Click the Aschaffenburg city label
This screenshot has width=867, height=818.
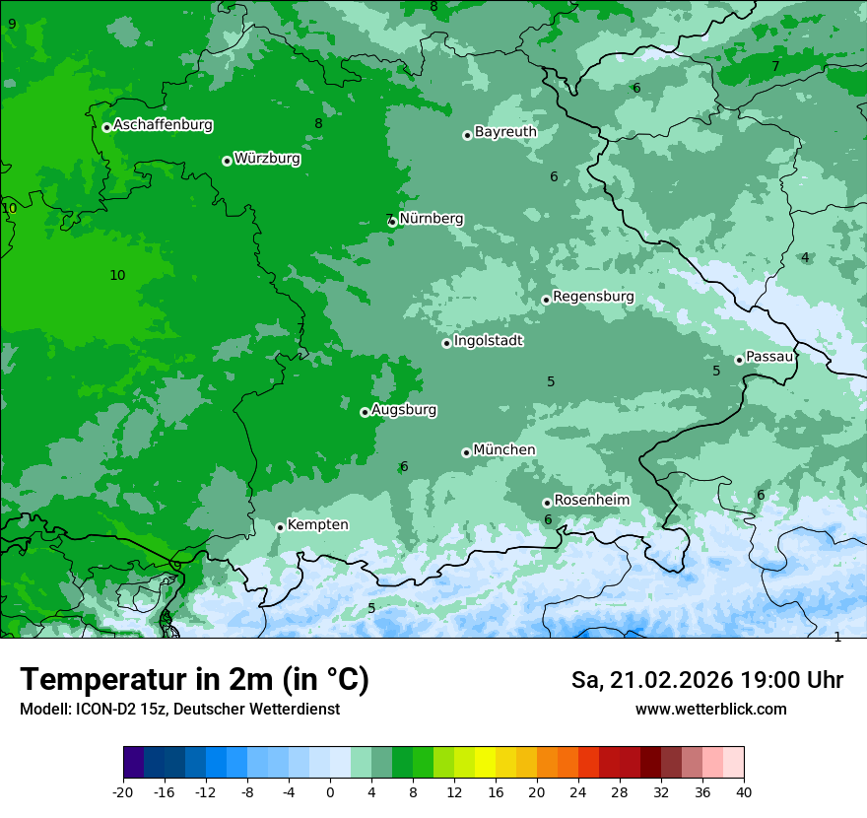point(163,125)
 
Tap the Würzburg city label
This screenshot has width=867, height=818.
point(267,159)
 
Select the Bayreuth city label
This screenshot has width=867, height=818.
point(505,132)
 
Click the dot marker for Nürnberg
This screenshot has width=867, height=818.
point(393,222)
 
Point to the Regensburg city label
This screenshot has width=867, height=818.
point(593,297)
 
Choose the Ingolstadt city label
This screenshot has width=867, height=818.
point(488,341)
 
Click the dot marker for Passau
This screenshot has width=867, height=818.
point(739,360)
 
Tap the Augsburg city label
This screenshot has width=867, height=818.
point(404,410)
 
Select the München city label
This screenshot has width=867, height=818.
point(504,450)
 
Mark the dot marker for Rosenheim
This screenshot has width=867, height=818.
point(547,503)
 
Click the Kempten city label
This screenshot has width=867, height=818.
point(317,525)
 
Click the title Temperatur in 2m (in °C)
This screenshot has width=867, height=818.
point(194,679)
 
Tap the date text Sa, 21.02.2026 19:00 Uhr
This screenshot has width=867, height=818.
point(706,680)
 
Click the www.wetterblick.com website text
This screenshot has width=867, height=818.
point(710,709)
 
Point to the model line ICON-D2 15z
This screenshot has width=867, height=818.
point(179,709)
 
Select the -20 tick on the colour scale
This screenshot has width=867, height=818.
point(123,791)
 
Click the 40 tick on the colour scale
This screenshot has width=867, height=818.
point(743,791)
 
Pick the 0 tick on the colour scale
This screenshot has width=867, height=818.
point(330,791)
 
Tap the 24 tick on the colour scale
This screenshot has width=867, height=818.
point(578,791)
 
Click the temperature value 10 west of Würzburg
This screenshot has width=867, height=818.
point(117,275)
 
